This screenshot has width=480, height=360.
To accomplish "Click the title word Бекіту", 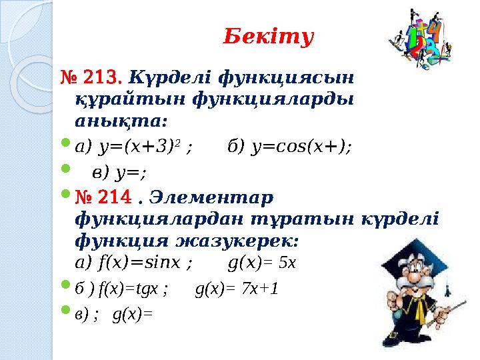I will pos(267,37).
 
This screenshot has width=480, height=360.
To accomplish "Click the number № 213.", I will pos(91,79).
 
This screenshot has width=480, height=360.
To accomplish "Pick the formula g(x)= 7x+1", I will pos(237,289).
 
